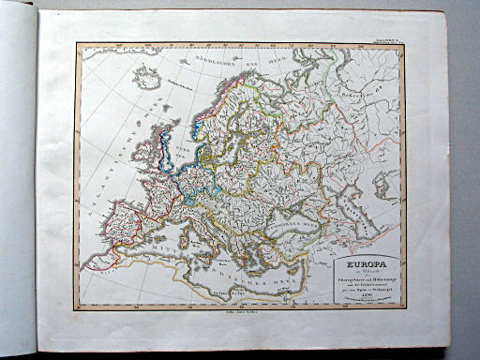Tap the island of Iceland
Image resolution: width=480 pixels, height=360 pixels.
tap(146, 77)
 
